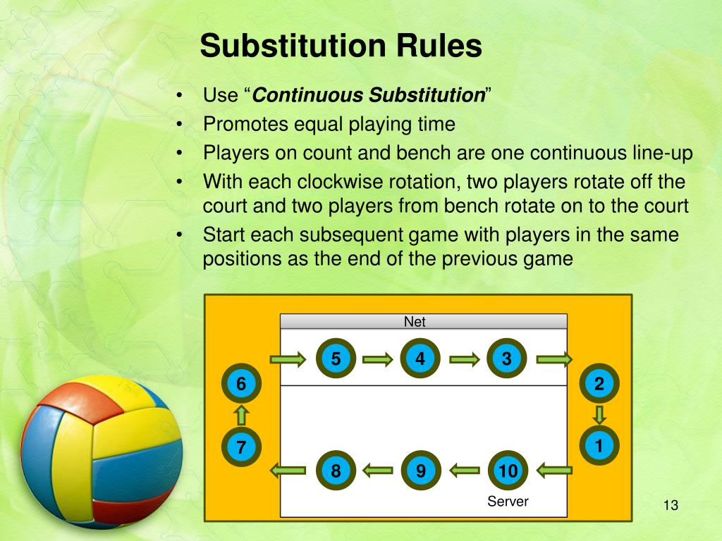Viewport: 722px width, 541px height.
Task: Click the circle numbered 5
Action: [x=336, y=359]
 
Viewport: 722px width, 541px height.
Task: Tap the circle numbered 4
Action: [x=421, y=359]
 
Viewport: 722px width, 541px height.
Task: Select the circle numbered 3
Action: [x=506, y=359]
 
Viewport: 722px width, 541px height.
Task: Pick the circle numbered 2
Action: [x=599, y=385]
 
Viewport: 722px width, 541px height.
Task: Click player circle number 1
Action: [x=599, y=447]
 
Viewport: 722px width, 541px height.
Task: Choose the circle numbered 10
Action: [x=508, y=471]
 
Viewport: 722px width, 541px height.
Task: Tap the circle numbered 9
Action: [x=421, y=471]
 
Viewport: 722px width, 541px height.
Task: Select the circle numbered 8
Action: [x=336, y=471]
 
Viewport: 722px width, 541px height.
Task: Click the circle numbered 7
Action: [x=241, y=447]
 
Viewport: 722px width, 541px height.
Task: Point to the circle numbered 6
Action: [x=241, y=385]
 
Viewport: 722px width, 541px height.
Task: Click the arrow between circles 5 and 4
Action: [x=378, y=360]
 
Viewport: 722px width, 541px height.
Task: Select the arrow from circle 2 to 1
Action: [x=599, y=415]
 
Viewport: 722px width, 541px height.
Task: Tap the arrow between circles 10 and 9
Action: [x=464, y=468]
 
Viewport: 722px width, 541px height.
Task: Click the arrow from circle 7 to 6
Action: [x=241, y=415]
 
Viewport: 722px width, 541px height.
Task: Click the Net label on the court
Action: [x=415, y=323]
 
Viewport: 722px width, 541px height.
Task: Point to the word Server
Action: [x=508, y=502]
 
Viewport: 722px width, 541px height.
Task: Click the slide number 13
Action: [x=670, y=506]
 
